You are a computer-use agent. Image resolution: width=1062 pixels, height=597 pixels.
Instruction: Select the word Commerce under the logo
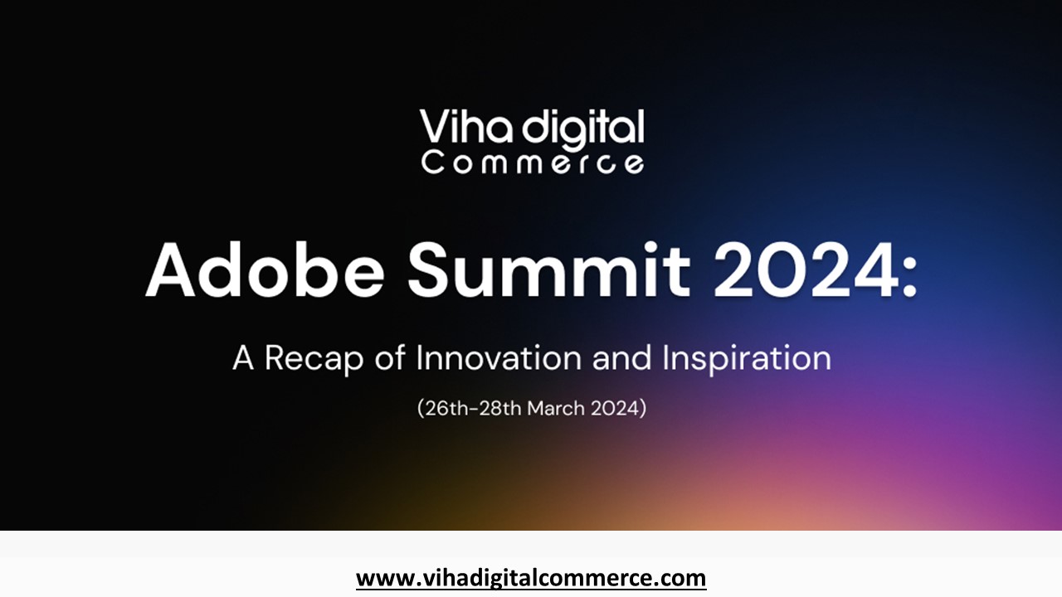[x=533, y=163]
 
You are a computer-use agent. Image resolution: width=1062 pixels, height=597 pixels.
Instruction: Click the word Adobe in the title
[x=265, y=270]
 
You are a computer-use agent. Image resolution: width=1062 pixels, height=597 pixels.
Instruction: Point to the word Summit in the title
[x=548, y=270]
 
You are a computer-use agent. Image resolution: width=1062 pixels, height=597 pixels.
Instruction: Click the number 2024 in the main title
[x=806, y=270]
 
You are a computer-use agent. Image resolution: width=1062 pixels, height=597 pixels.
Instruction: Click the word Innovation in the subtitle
[x=499, y=357]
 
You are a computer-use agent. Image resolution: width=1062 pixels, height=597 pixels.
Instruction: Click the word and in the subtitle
[x=622, y=357]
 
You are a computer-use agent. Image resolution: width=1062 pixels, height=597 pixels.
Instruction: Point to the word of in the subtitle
[x=390, y=357]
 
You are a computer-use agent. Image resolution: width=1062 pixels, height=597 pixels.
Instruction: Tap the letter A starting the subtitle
[x=243, y=357]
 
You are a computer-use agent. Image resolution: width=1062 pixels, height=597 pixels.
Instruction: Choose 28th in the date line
[x=500, y=409]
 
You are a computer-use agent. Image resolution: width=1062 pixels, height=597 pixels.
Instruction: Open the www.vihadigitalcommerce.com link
[x=531, y=579]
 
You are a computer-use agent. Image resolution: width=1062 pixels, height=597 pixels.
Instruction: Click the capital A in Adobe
[x=170, y=270]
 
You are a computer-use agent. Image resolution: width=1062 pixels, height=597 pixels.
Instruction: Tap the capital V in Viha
[x=434, y=126]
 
